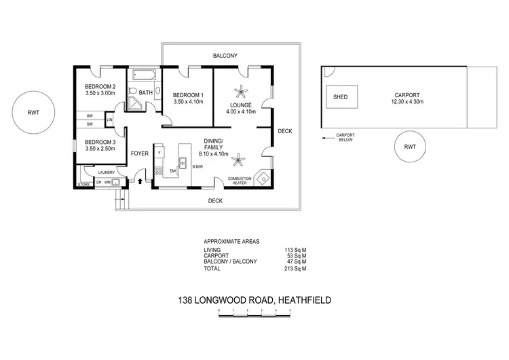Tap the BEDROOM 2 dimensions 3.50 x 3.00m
(100, 94)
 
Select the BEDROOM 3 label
(100, 142)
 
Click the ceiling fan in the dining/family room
(238, 161)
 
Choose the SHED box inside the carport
(340, 97)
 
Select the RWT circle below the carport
(410, 147)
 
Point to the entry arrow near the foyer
(140, 181)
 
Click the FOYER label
(140, 154)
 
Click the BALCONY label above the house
(225, 56)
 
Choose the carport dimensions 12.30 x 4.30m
(407, 103)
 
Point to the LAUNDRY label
(96, 173)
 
